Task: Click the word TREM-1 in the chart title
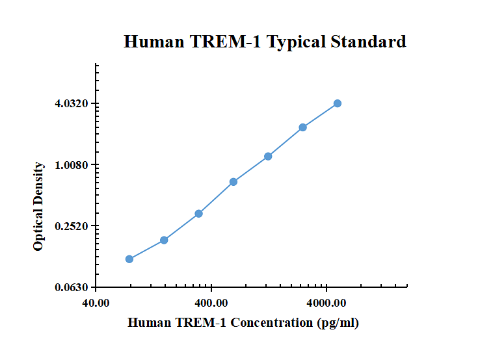point(228,42)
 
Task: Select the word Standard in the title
point(368,42)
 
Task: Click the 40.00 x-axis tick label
point(96,303)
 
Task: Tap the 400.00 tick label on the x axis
point(211,303)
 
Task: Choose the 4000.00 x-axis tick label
point(327,303)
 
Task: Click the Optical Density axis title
point(39,207)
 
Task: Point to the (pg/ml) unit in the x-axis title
point(338,322)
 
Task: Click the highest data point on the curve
point(338,103)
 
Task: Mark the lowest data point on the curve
point(129,259)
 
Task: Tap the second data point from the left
point(164,240)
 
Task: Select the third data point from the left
point(199,214)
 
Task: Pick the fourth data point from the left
point(233,182)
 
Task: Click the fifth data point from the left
point(268,157)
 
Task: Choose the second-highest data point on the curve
point(303,127)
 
